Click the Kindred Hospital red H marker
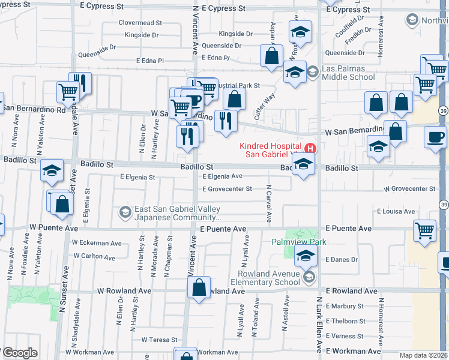tap(310, 148)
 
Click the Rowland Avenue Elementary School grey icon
tap(309, 277)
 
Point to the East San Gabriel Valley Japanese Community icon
tap(125, 212)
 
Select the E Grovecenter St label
tap(227, 189)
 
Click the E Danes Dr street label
tap(341, 260)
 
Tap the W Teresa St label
tap(160, 340)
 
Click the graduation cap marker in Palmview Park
tap(306, 256)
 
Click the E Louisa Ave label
tap(396, 211)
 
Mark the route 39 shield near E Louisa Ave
tap(443, 205)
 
